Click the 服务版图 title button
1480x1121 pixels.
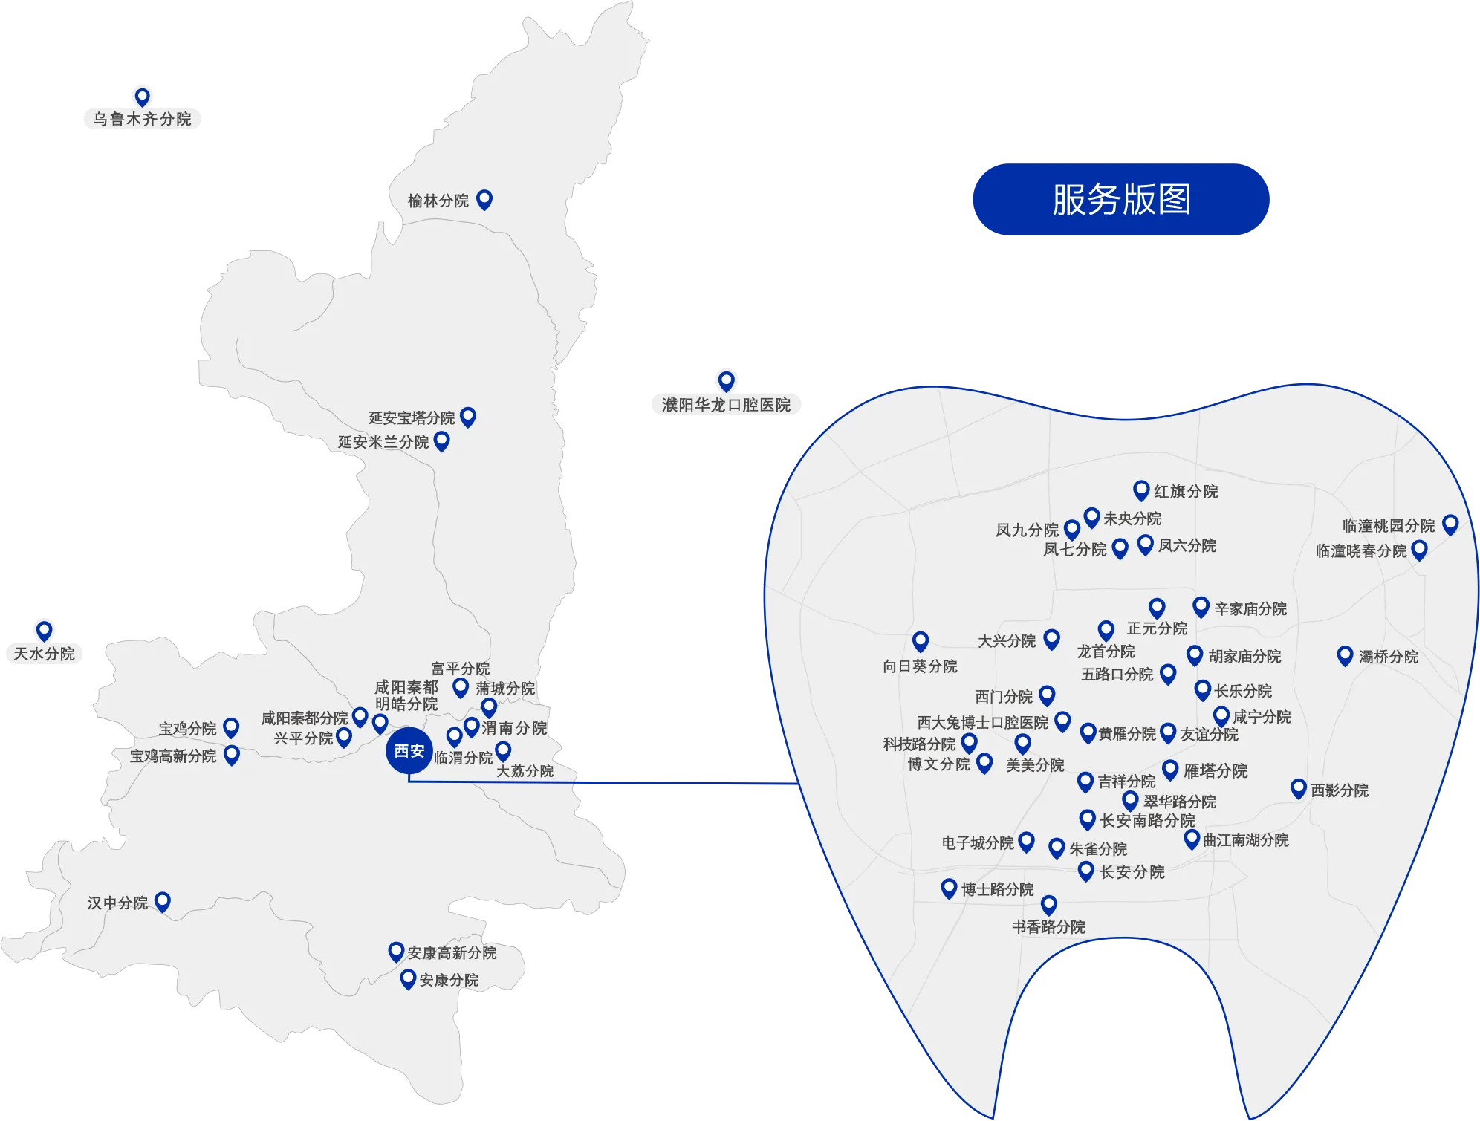pyautogui.click(x=1120, y=199)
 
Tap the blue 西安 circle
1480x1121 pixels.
pyautogui.click(x=409, y=751)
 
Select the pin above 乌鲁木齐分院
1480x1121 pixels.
pyautogui.click(x=142, y=97)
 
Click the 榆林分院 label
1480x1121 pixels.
pyautogui.click(x=438, y=201)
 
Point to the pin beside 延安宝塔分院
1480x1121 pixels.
pyautogui.click(x=468, y=416)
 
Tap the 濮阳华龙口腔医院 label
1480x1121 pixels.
pyautogui.click(x=726, y=405)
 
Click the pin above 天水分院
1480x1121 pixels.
pyautogui.click(x=45, y=630)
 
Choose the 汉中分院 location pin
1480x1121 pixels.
pyautogui.click(x=163, y=901)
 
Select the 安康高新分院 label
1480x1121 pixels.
pyautogui.click(x=452, y=952)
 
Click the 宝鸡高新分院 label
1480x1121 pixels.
pyautogui.click(x=173, y=756)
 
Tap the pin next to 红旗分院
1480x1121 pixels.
pyautogui.click(x=1141, y=490)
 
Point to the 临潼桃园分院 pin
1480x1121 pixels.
pyautogui.click(x=1450, y=524)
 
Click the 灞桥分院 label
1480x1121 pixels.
pyautogui.click(x=1388, y=656)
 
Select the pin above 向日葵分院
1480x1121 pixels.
pyautogui.click(x=921, y=640)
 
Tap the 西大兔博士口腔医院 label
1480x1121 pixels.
pyautogui.click(x=982, y=722)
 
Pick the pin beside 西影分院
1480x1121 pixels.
pyautogui.click(x=1299, y=788)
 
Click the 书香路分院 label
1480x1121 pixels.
pyautogui.click(x=1048, y=926)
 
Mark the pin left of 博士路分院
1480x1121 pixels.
pyautogui.click(x=949, y=888)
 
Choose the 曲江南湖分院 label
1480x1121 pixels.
pyautogui.click(x=1246, y=840)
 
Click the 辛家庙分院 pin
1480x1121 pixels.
pyautogui.click(x=1201, y=606)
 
